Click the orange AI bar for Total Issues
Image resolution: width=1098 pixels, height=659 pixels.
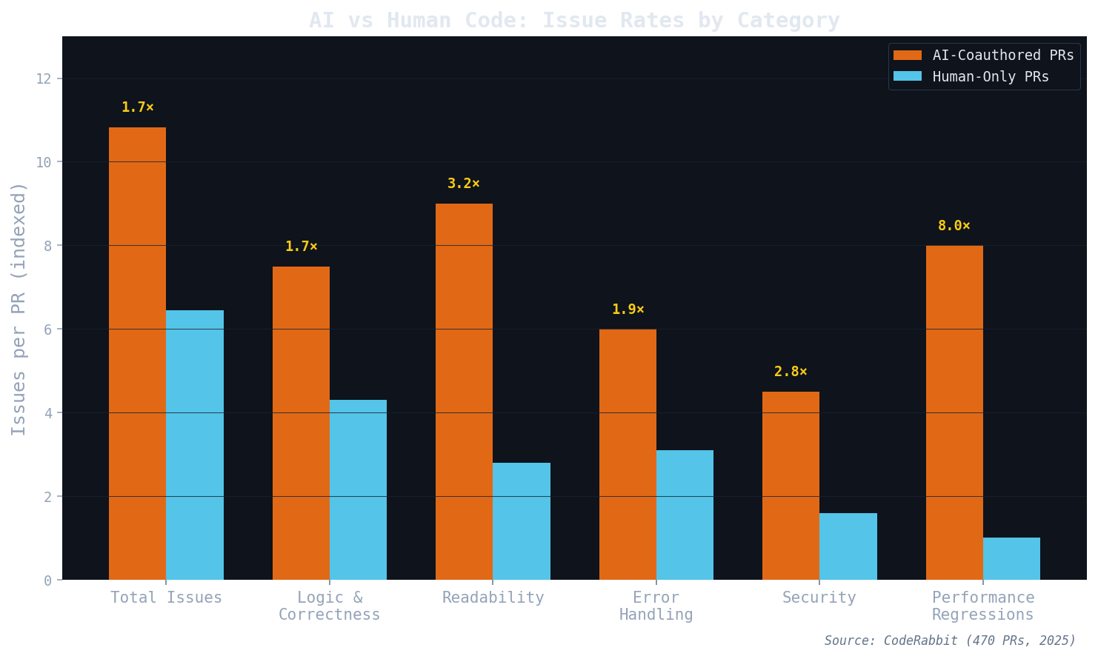tap(137, 353)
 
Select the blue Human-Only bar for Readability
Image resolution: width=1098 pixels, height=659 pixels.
tap(522, 521)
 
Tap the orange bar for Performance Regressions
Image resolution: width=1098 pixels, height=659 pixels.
tap(954, 412)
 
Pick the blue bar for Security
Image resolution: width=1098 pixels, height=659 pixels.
tap(848, 546)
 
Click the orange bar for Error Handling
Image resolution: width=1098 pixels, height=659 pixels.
tap(628, 454)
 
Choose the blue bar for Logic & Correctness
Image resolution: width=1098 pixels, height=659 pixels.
tap(358, 489)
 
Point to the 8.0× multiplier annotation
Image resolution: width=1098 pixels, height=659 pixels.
tap(954, 226)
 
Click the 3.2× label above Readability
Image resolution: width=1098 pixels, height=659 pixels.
tap(464, 184)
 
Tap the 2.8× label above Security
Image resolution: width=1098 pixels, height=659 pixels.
tap(791, 372)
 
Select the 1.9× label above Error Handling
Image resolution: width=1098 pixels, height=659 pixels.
tap(628, 310)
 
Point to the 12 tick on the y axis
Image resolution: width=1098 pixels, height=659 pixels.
tap(44, 78)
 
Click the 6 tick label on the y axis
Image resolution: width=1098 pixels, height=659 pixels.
tap(48, 329)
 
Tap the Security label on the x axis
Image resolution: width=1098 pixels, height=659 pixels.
tap(819, 598)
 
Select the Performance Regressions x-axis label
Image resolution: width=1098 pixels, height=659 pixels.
tap(982, 606)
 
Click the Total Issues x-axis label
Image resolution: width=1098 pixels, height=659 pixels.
tap(166, 598)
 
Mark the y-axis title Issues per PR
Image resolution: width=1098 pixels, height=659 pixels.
tap(19, 309)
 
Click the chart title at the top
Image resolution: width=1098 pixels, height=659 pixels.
tap(574, 20)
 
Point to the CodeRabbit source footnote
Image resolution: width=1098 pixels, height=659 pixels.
tap(949, 640)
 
